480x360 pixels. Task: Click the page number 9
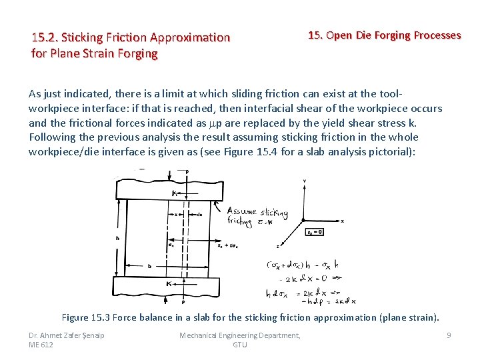click(449, 335)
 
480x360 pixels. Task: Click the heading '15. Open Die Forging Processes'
click(384, 35)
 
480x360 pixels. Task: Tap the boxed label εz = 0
click(315, 232)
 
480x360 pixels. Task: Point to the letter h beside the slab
click(118, 239)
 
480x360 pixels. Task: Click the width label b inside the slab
click(149, 265)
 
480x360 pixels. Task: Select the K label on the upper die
click(173, 193)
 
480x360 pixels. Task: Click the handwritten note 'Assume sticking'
click(257, 211)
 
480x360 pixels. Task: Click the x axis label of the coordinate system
click(342, 221)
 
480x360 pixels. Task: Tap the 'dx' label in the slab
click(200, 215)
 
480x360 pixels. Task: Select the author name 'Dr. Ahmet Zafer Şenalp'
click(67, 335)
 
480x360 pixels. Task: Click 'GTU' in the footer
click(240, 345)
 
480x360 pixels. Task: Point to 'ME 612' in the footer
click(41, 345)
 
